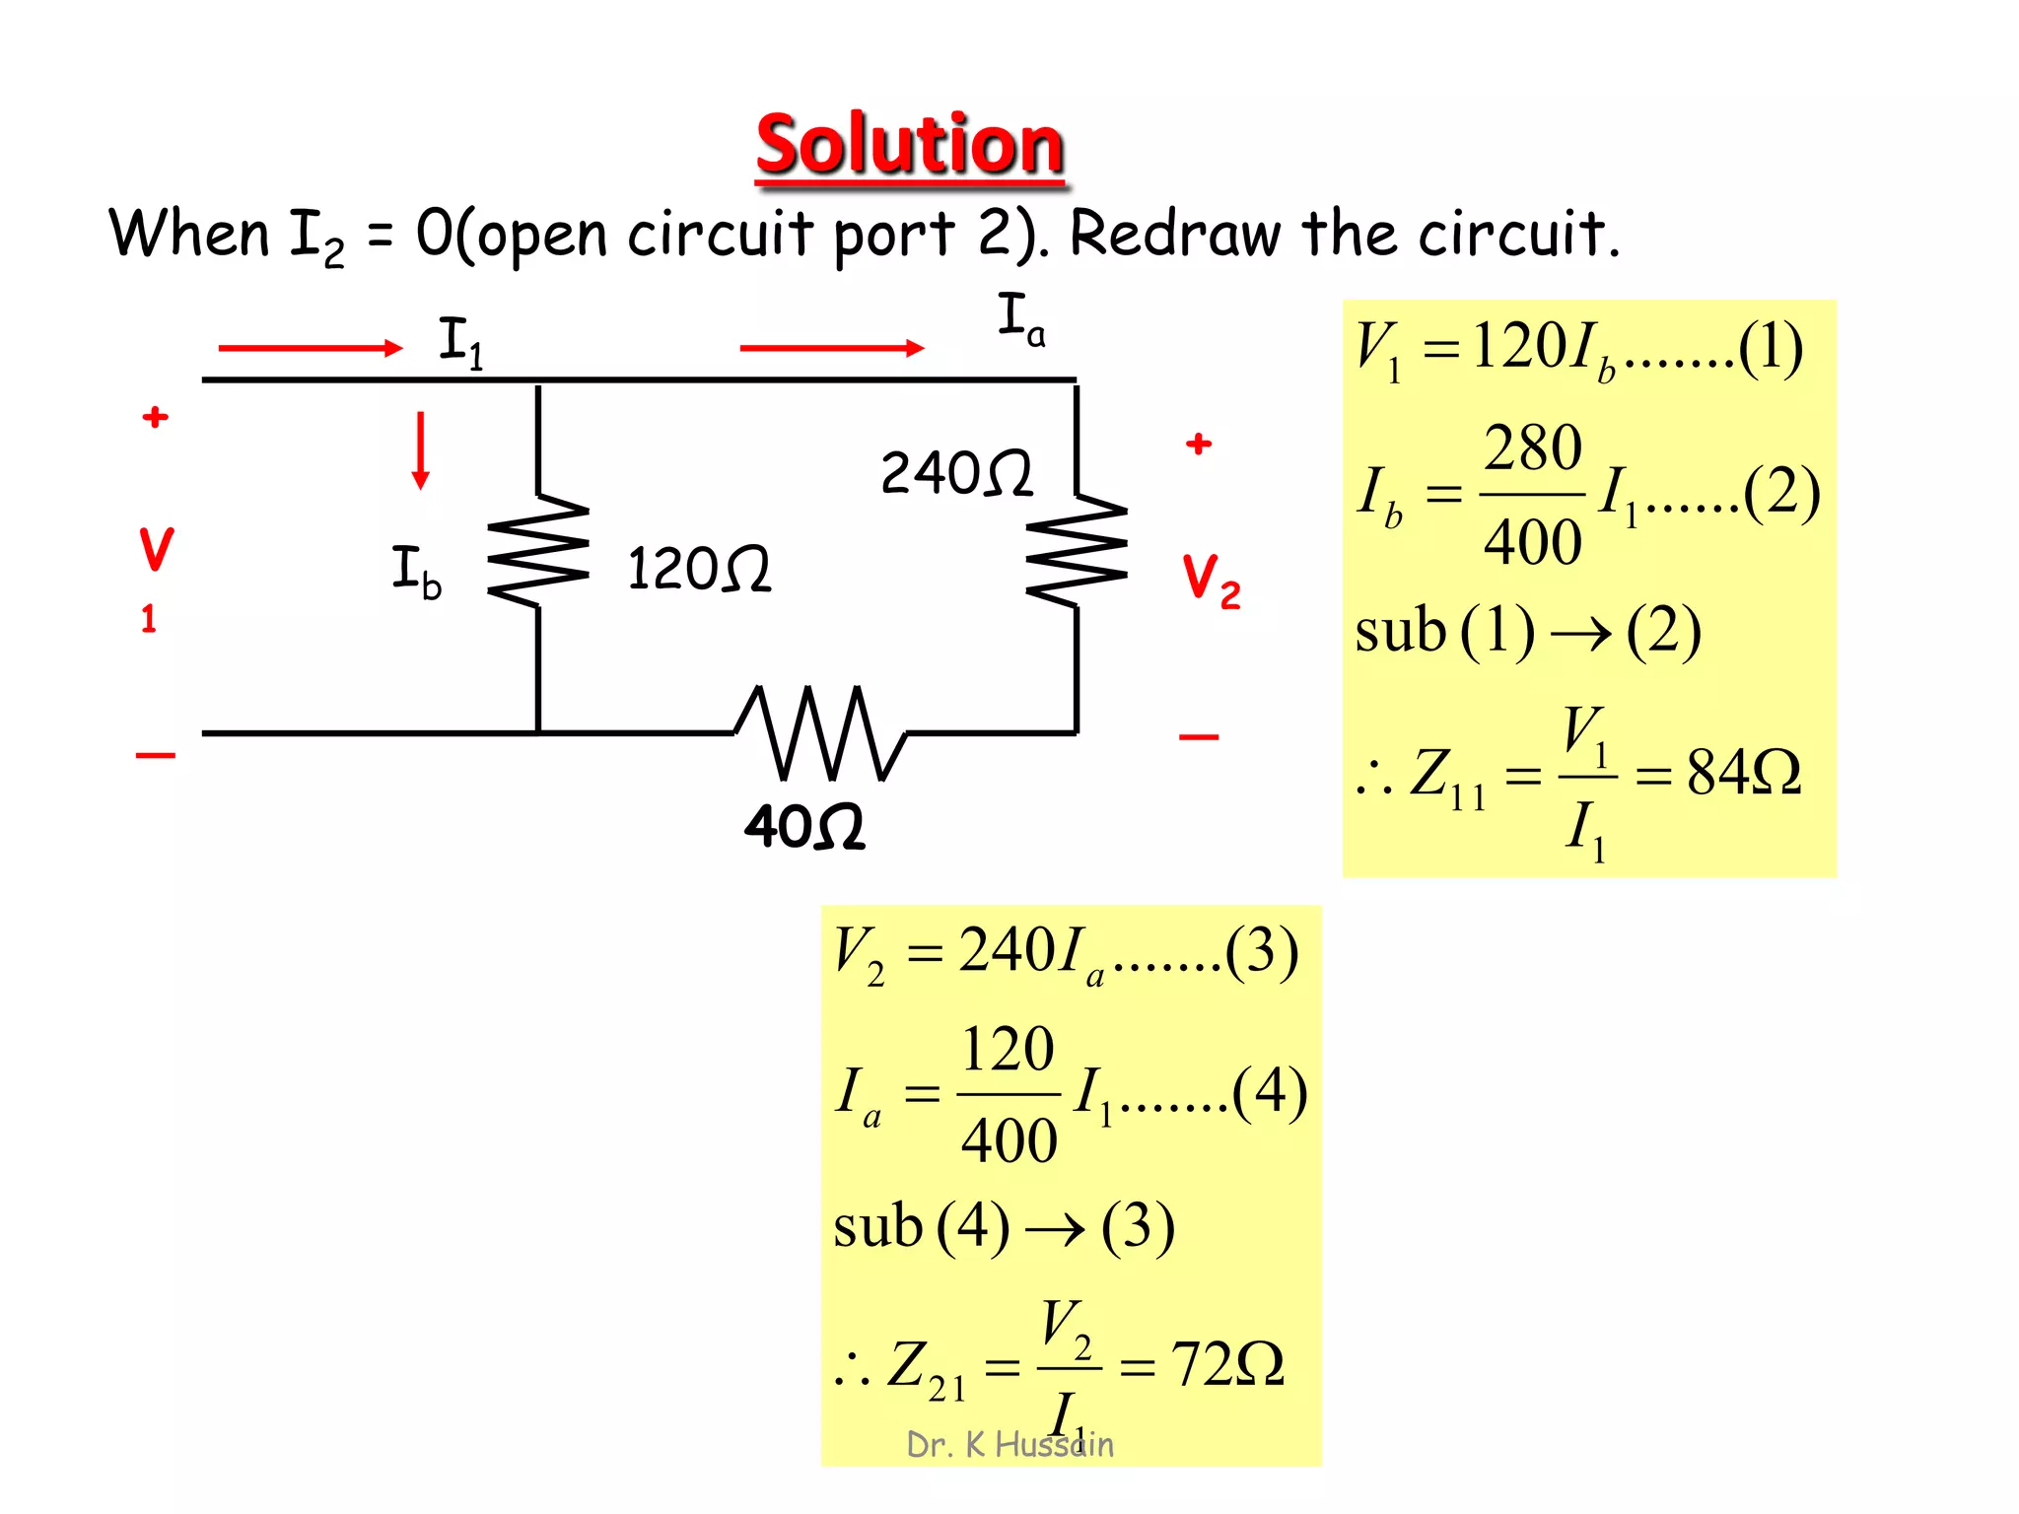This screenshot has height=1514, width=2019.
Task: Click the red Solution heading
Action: pos(909,145)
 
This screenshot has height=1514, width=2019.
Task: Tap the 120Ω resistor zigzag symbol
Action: pos(538,550)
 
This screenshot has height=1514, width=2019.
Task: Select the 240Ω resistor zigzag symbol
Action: pos(1077,550)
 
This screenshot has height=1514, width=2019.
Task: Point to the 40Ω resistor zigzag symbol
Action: pos(820,733)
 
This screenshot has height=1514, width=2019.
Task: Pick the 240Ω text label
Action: pos(956,473)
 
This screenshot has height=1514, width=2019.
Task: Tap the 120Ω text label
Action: pos(699,569)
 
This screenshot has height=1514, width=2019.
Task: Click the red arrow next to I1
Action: pos(311,347)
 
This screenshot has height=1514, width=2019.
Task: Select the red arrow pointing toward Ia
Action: pos(832,347)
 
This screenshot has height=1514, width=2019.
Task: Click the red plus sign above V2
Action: pos(1199,444)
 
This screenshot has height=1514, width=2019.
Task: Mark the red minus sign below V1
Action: pos(156,755)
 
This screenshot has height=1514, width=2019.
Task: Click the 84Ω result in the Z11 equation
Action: pos(1744,772)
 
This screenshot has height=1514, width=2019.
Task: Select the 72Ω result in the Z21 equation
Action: pos(1227,1365)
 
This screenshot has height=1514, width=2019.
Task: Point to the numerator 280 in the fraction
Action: pos(1533,448)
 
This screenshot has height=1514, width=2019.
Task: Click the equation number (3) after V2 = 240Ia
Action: pos(1262,951)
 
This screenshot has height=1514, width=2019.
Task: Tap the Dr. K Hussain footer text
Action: pos(1009,1445)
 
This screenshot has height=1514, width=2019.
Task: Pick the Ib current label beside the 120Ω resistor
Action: pos(416,571)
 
